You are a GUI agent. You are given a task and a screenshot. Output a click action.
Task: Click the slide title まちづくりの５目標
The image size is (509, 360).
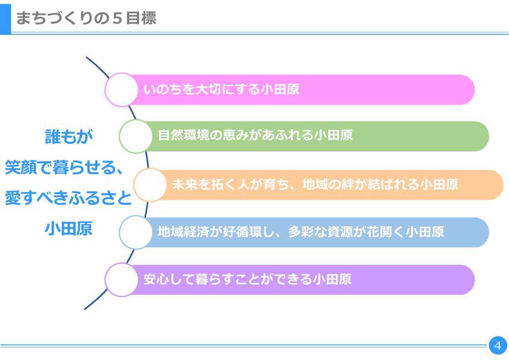pos(86,18)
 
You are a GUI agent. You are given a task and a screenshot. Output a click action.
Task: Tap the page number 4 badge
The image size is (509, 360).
pos(498,345)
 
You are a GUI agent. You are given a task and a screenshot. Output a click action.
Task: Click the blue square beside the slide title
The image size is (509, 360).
pos(5,19)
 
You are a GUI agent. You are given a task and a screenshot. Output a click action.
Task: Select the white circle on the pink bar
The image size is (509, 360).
pos(121,90)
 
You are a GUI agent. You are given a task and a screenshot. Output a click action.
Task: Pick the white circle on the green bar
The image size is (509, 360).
pos(136,136)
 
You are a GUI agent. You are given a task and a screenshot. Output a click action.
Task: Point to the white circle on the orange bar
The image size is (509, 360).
pos(150,185)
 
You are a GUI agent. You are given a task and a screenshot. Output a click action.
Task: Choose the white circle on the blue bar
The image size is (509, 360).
pos(136,233)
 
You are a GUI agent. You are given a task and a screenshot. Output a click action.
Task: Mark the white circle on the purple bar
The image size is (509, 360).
pos(121,280)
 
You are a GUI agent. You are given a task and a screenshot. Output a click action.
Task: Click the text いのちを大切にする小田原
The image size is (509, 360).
pos(221,89)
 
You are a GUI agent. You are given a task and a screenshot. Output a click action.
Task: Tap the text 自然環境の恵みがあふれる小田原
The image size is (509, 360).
pos(255,136)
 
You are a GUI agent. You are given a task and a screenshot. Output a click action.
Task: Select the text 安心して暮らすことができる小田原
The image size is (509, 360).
pos(247,279)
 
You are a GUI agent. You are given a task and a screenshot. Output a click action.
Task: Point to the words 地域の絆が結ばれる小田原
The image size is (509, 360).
pos(380,185)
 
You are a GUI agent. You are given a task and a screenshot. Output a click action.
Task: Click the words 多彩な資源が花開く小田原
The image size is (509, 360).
pos(366,232)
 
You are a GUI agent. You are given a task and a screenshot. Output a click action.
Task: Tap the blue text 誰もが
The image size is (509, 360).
pos(69,136)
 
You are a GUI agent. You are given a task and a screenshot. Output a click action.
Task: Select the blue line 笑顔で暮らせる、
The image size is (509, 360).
pos(64,167)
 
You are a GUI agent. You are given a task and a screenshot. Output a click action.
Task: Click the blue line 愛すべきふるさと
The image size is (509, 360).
pos(68,198)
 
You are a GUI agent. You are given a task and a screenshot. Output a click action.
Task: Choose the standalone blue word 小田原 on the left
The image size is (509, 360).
pos(68,229)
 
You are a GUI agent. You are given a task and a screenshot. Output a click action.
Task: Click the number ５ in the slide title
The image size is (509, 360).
pos(117,18)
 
